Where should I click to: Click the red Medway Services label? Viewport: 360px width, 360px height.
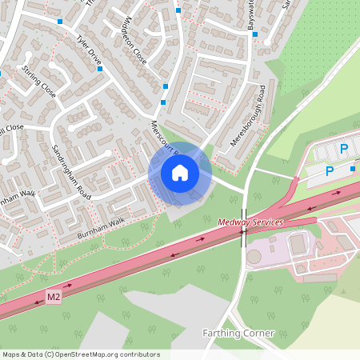(x=250, y=222)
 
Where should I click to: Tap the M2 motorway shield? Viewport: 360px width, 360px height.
(x=54, y=298)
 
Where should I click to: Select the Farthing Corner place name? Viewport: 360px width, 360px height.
(x=238, y=333)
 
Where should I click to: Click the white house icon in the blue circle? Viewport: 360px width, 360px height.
(x=180, y=172)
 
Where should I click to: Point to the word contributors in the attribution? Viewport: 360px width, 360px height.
(x=140, y=354)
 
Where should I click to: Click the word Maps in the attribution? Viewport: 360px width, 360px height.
(x=10, y=354)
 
